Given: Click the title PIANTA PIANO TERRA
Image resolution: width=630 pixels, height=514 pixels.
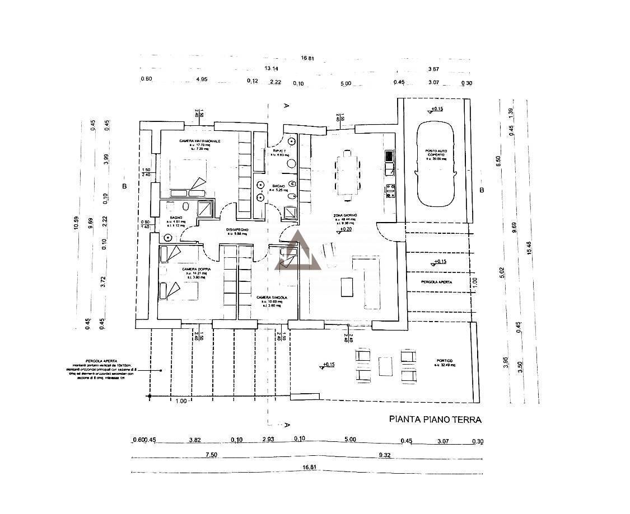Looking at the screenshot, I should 435,419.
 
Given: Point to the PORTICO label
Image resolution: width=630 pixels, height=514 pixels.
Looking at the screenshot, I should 445,361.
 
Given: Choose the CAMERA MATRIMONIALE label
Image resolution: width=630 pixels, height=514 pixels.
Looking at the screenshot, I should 199,141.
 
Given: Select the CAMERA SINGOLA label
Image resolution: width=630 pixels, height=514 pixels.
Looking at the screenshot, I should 272,298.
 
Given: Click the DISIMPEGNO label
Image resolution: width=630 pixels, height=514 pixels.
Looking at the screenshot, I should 237,230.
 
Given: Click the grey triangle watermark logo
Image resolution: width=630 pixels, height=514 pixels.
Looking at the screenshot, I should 297,251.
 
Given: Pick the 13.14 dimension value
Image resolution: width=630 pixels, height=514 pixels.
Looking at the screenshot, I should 272,69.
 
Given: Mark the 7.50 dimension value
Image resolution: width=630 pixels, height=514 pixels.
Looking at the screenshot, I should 211,455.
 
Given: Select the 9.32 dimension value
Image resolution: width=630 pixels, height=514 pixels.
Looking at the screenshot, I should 384,455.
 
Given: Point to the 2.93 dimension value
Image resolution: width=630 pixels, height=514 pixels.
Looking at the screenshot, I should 268,440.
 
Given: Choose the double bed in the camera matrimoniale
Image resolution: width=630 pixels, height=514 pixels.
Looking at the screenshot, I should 183,175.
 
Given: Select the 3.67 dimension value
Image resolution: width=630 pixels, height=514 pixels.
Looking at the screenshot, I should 433,69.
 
